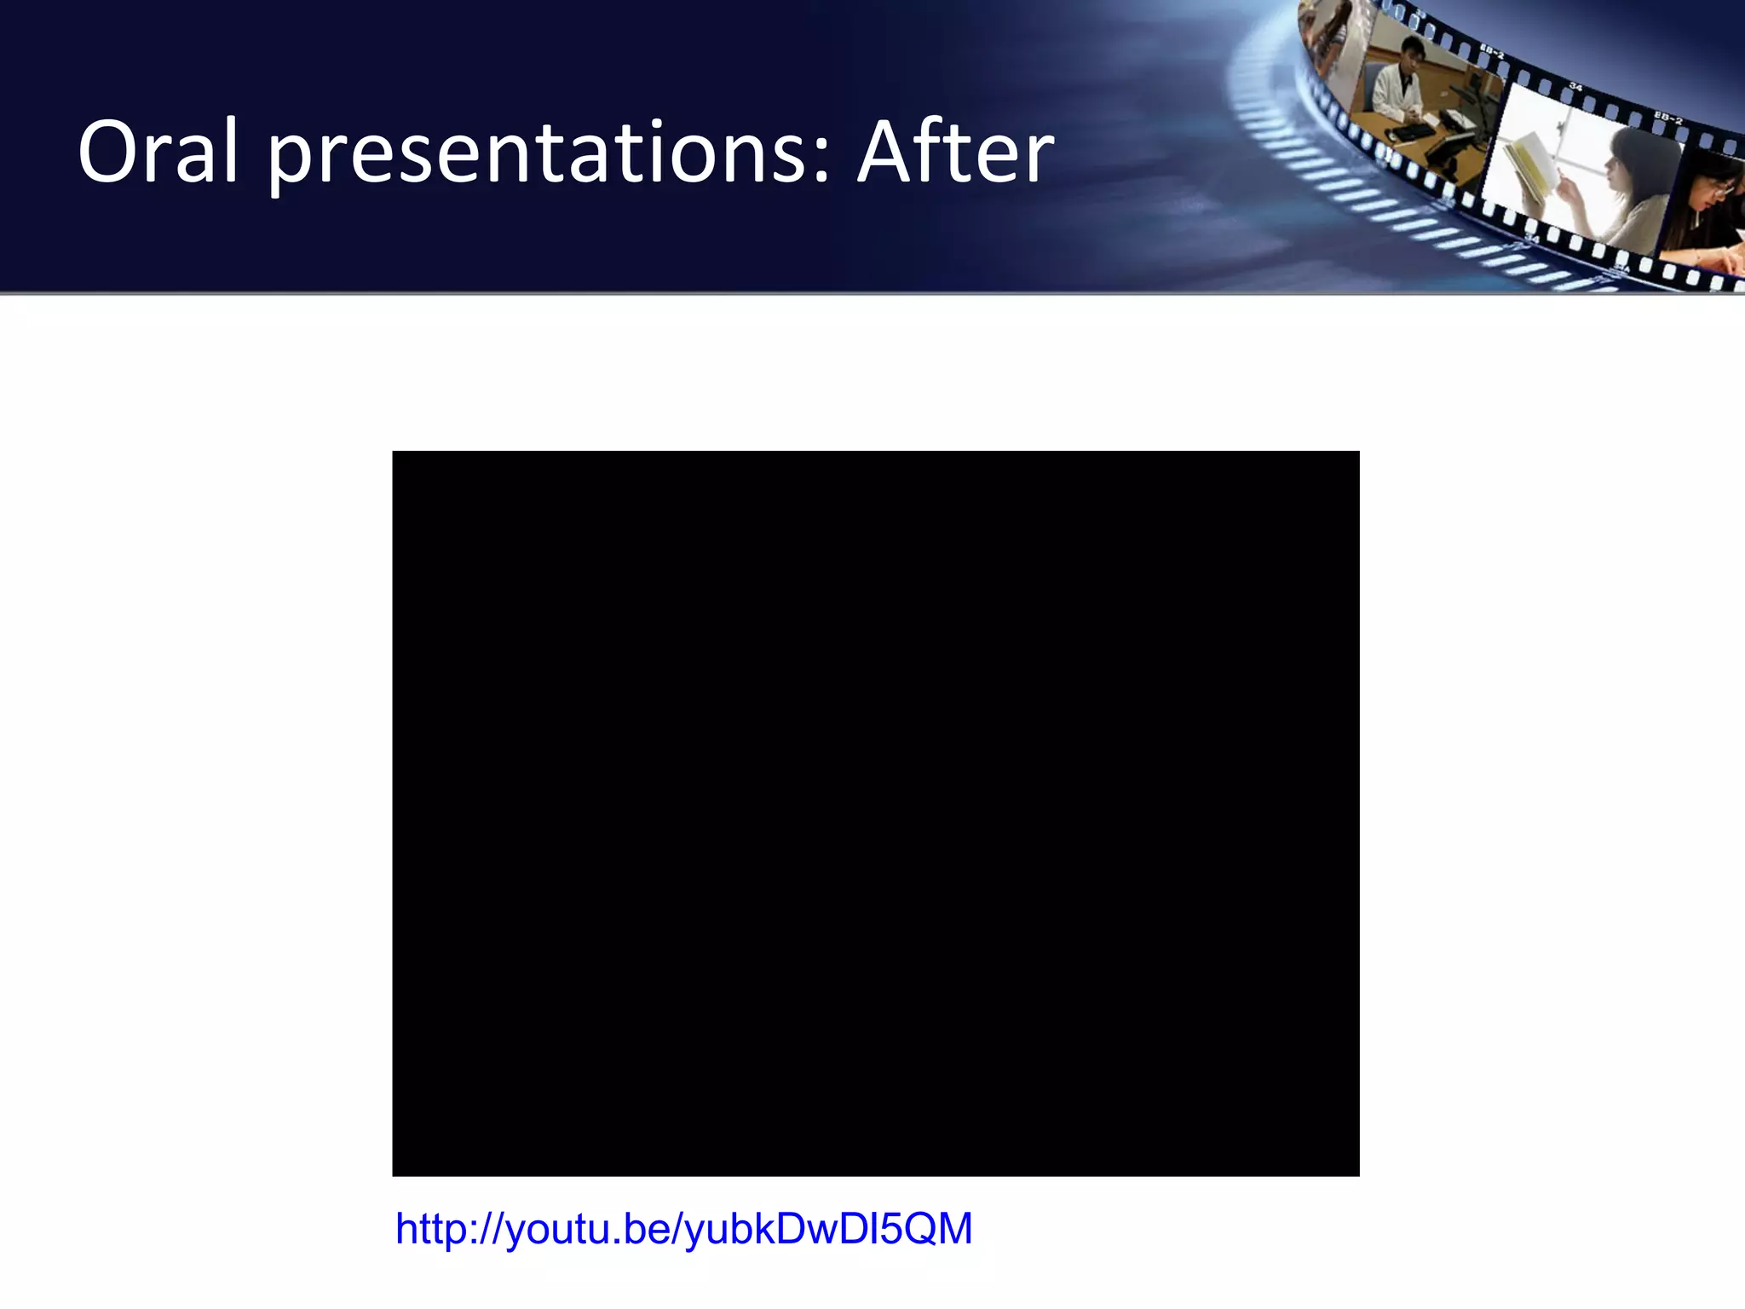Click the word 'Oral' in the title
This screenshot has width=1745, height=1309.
click(158, 153)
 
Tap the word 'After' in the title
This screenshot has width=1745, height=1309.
click(955, 153)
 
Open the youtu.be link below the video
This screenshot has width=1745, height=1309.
click(683, 1229)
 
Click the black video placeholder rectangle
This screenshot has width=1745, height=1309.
click(875, 813)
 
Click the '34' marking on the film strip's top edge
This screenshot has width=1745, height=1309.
click(1575, 87)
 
